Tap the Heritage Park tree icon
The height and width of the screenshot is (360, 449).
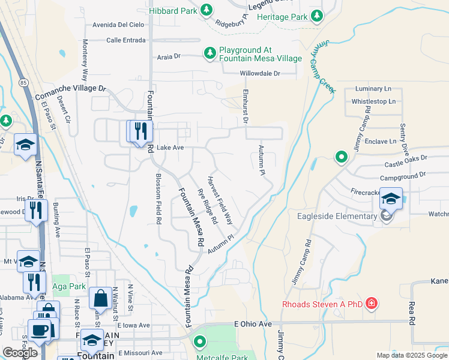point(316,16)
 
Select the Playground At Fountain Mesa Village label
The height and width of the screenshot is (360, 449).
point(260,54)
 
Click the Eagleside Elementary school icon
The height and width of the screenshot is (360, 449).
point(391,199)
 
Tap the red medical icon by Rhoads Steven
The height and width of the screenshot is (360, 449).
point(372,303)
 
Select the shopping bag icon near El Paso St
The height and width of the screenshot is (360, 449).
point(99,298)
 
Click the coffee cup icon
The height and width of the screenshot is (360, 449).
point(39,331)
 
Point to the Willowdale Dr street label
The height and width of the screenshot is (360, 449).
point(260,73)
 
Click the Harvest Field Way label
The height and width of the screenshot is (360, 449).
point(220,200)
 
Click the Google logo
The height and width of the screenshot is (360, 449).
point(19,353)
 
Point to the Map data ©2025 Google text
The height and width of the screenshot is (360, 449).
point(411,355)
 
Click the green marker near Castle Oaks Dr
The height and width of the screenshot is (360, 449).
point(342,157)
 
